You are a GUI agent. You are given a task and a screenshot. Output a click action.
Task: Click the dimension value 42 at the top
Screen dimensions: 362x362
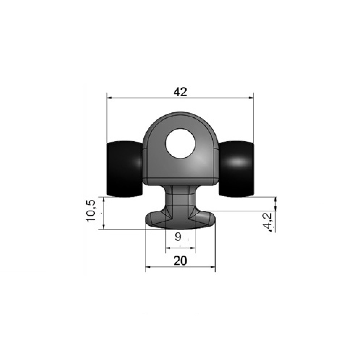(x=180, y=92)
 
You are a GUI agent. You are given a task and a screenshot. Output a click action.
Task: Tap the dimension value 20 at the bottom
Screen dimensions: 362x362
(x=180, y=261)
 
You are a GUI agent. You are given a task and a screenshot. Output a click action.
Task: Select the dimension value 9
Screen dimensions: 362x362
(x=178, y=237)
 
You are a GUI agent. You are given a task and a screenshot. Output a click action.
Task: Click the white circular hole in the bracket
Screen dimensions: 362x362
(x=181, y=144)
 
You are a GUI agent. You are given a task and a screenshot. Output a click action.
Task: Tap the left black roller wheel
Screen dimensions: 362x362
(x=125, y=169)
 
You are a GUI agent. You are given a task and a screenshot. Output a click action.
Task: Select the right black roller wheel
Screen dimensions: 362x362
(x=236, y=169)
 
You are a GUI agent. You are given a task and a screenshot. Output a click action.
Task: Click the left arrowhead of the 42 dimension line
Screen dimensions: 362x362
(x=110, y=98)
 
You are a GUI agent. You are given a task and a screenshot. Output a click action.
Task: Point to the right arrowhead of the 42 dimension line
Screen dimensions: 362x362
(x=251, y=98)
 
